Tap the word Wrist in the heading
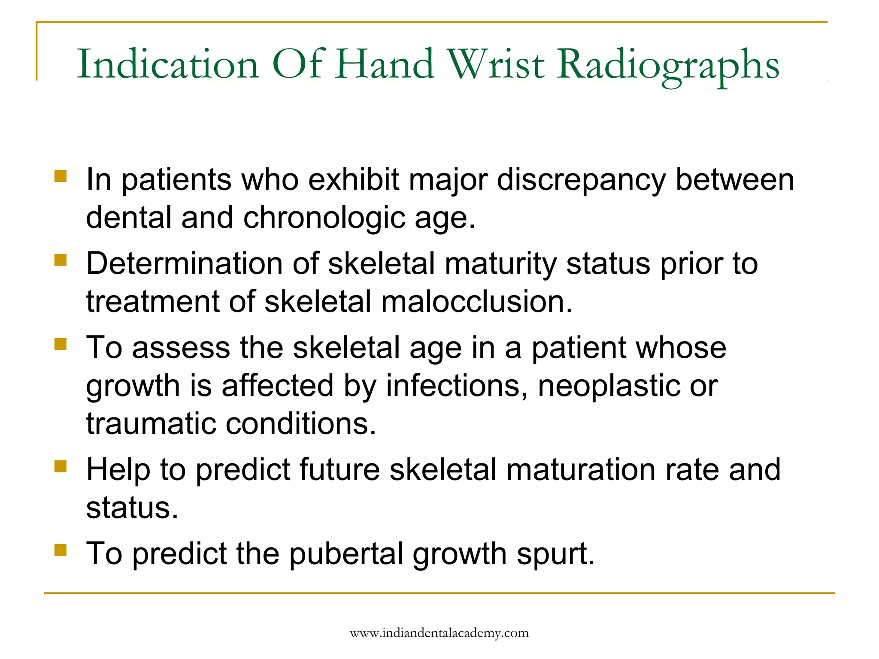[x=496, y=64]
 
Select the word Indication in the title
[x=168, y=64]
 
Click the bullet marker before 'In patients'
[x=61, y=176]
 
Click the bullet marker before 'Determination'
[x=61, y=260]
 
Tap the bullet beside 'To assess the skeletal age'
[x=61, y=344]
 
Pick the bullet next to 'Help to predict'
[x=61, y=466]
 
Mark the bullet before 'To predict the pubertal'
[x=61, y=550]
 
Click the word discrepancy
[x=581, y=180]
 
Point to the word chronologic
[x=324, y=218]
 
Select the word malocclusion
[x=476, y=302]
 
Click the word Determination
[x=184, y=263]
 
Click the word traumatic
[x=150, y=423]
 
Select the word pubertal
[x=346, y=554]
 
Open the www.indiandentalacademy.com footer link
[x=439, y=633]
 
